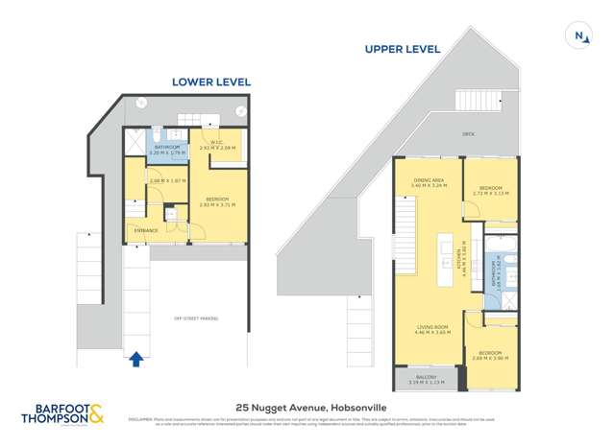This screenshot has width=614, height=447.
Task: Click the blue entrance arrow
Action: (136, 359)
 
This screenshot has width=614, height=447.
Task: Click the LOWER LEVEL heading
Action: (210, 82)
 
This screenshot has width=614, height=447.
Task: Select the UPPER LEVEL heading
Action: (402, 49)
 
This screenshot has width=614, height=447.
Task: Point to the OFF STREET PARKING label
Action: (195, 318)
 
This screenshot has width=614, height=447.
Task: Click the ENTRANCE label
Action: (146, 230)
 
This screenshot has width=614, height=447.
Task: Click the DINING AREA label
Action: (428, 179)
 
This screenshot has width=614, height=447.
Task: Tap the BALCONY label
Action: (427, 377)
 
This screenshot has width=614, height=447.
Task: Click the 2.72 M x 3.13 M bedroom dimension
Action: (490, 193)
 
